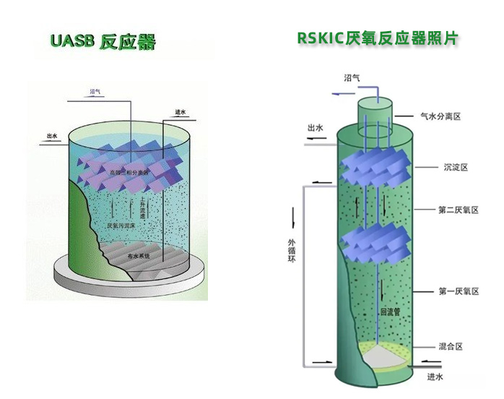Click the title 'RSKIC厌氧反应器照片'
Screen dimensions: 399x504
(378, 38)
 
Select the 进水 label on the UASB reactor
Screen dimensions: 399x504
(181, 112)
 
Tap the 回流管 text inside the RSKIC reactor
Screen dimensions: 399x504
(390, 312)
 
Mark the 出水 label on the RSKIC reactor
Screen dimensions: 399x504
(316, 129)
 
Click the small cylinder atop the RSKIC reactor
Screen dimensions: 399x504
(375, 108)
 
